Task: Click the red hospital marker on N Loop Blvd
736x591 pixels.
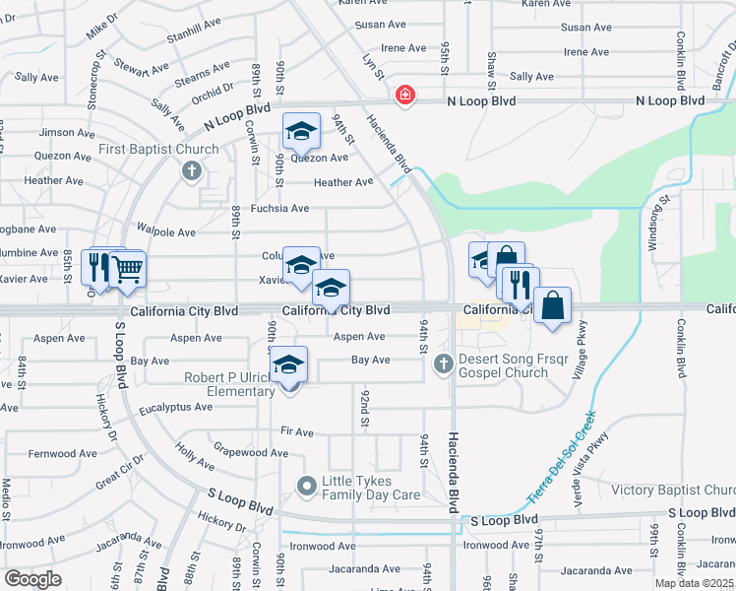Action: pyautogui.click(x=403, y=96)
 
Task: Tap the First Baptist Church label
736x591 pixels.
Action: pyautogui.click(x=158, y=150)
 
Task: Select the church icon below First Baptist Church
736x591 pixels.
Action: pyautogui.click(x=192, y=172)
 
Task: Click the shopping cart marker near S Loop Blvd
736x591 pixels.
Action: pyautogui.click(x=127, y=268)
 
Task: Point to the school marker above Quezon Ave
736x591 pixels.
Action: pyautogui.click(x=301, y=131)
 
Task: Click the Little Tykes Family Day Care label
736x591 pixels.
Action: pyautogui.click(x=371, y=488)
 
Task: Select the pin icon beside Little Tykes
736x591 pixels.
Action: pyautogui.click(x=306, y=487)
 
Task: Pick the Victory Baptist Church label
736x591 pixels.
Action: pyautogui.click(x=673, y=490)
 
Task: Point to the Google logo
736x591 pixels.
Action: pyautogui.click(x=33, y=578)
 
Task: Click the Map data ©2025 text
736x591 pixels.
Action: pyautogui.click(x=694, y=583)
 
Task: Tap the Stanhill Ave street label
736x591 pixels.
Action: pyautogui.click(x=195, y=31)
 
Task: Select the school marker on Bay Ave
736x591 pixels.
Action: pyautogui.click(x=289, y=363)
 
